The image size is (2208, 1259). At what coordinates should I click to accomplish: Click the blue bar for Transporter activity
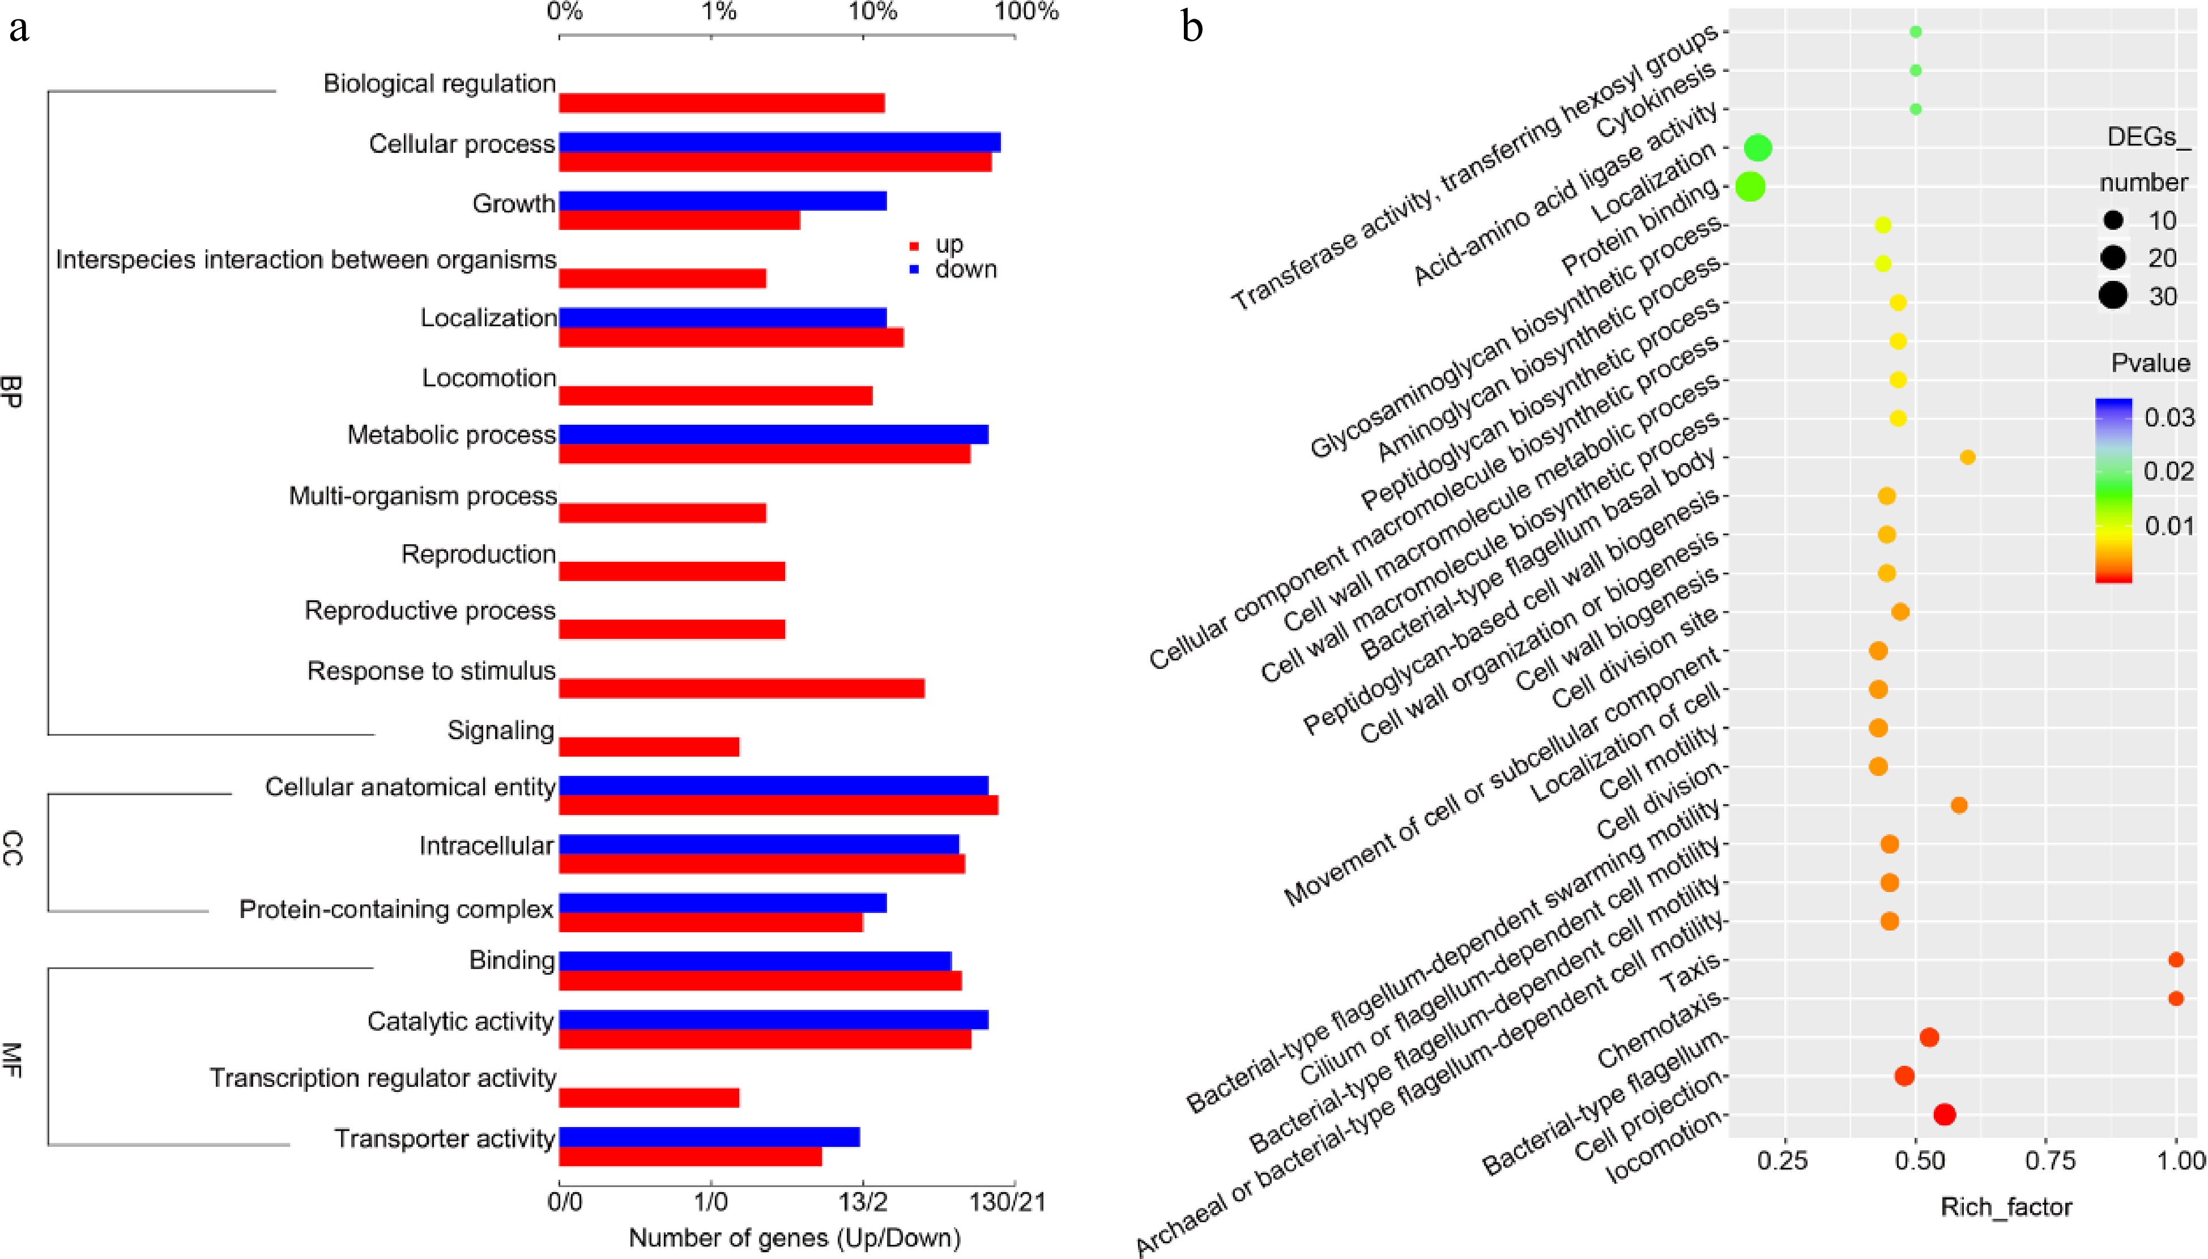pyautogui.click(x=709, y=1136)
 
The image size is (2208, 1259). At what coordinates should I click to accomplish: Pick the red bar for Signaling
pyautogui.click(x=649, y=747)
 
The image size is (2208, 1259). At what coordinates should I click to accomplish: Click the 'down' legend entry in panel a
pyautogui.click(x=964, y=270)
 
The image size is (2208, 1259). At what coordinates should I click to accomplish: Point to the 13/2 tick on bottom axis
pyautogui.click(x=862, y=1202)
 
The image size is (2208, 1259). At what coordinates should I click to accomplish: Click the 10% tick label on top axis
pyautogui.click(x=872, y=12)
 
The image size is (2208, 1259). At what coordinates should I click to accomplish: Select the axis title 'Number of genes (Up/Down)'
pyautogui.click(x=794, y=1238)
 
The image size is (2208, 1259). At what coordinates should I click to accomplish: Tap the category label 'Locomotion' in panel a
pyautogui.click(x=489, y=378)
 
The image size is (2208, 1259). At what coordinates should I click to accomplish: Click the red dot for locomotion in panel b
pyautogui.click(x=1944, y=1115)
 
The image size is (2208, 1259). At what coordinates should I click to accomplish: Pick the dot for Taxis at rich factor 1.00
pyautogui.click(x=2176, y=960)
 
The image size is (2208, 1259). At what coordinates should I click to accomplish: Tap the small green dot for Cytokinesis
pyautogui.click(x=1915, y=70)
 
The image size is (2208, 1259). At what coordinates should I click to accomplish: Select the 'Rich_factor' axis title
pyautogui.click(x=2006, y=1207)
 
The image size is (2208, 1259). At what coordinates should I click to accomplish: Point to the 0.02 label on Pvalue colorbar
pyautogui.click(x=2168, y=471)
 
